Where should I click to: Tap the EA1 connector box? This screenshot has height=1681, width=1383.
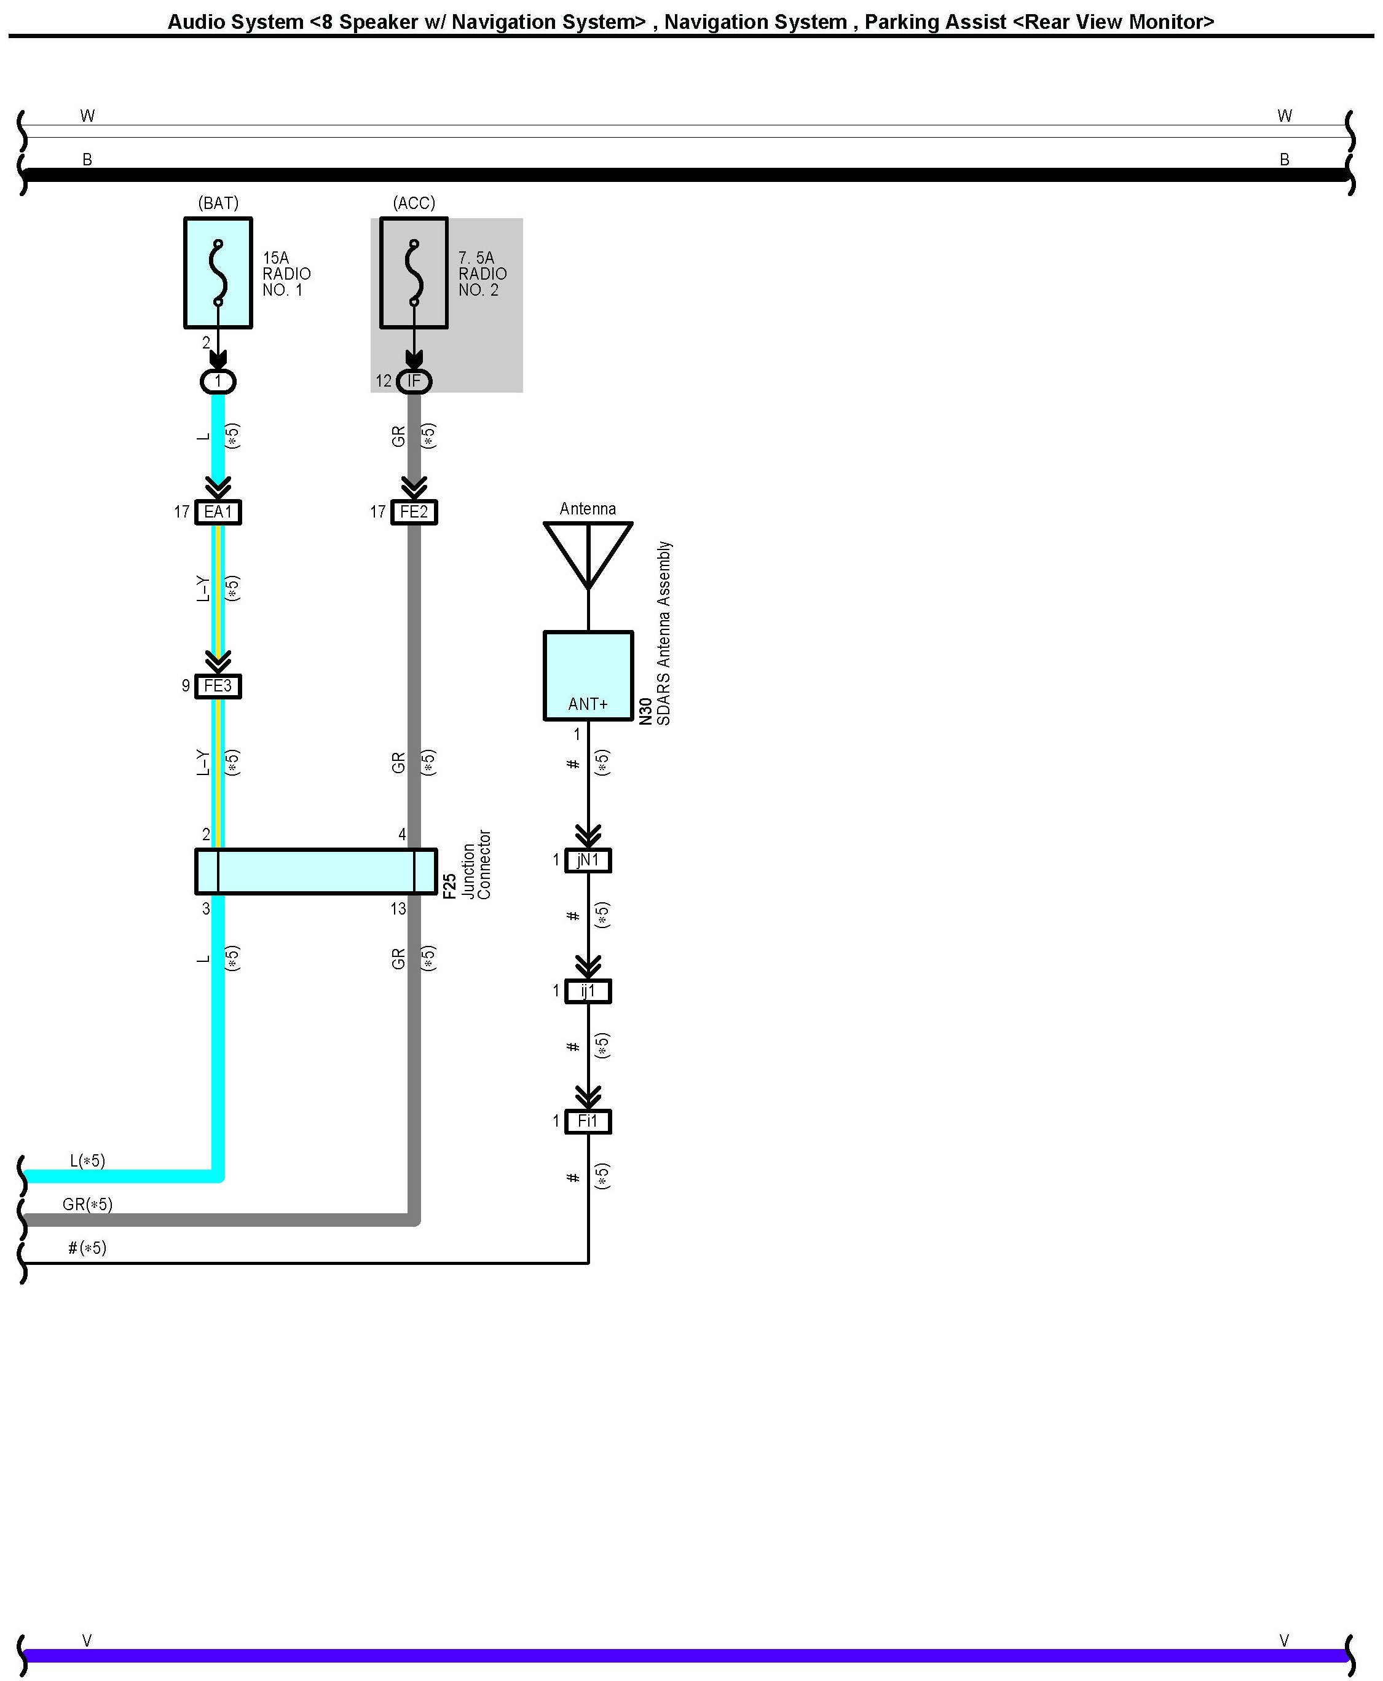tap(218, 511)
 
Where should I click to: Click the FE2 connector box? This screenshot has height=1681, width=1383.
tap(414, 511)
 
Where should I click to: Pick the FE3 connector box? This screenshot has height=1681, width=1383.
tap(218, 686)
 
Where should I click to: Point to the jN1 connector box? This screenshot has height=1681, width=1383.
tap(588, 860)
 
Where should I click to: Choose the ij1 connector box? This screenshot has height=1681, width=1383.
tap(588, 991)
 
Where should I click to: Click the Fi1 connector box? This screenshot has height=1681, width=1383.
tap(588, 1122)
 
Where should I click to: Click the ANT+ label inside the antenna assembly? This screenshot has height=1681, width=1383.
tap(588, 704)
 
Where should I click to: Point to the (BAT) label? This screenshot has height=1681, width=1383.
tap(218, 203)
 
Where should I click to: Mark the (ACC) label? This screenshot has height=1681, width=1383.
tap(414, 203)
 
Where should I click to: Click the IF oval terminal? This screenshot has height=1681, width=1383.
tap(414, 382)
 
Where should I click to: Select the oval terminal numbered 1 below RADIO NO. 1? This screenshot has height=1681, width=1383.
tap(218, 382)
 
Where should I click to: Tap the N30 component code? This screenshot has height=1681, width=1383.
tap(646, 712)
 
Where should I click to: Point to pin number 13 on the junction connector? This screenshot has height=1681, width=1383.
tap(398, 909)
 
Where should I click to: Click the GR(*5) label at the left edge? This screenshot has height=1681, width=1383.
tap(88, 1205)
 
